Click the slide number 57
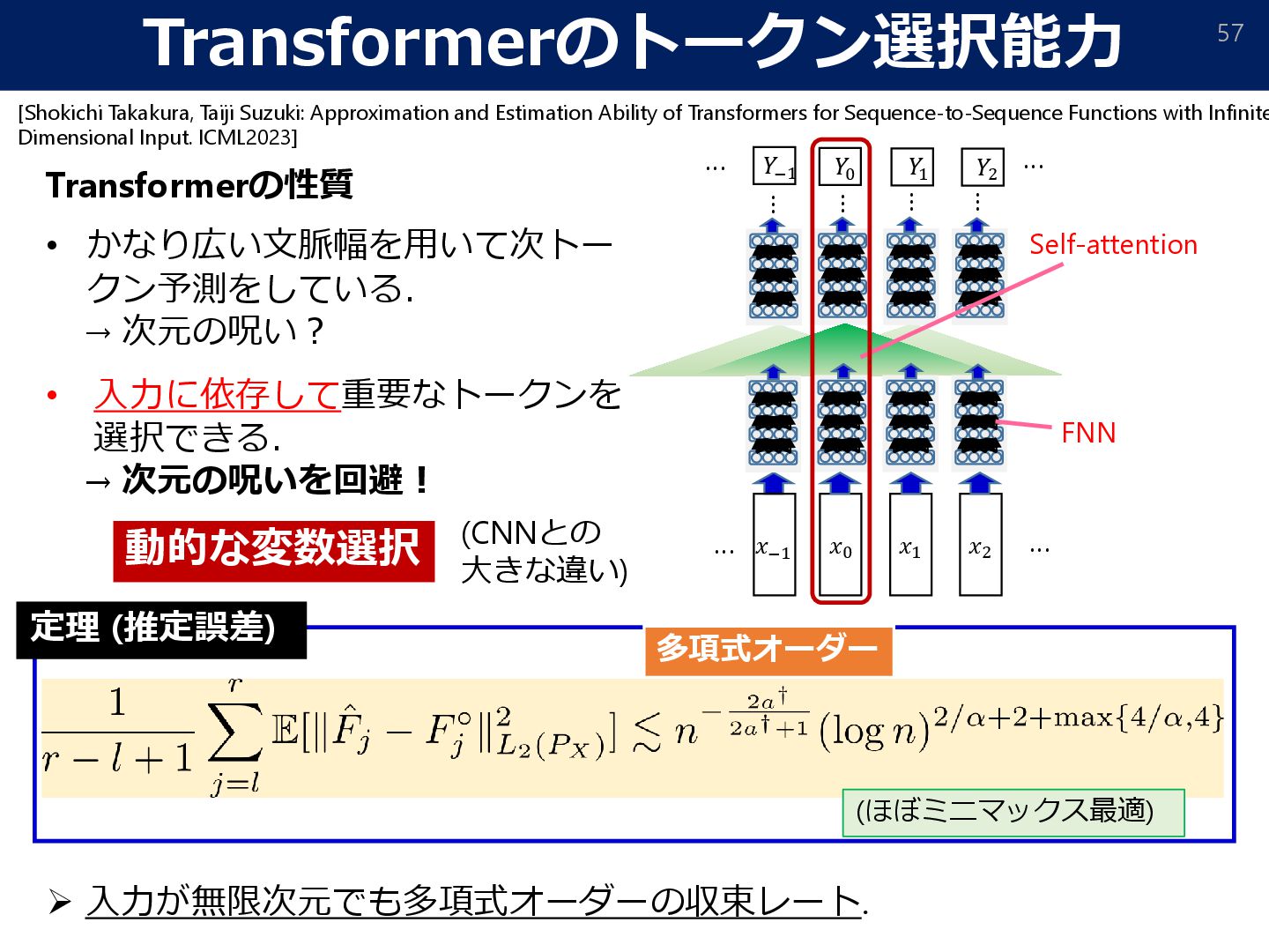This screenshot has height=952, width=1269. click(1229, 33)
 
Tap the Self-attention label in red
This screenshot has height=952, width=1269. click(1113, 245)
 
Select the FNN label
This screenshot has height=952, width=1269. click(1088, 433)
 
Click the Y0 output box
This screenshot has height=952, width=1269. click(842, 167)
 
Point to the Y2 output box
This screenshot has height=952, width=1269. click(984, 167)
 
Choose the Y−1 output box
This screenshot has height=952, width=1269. click(775, 167)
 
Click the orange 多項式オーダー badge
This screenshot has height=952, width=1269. click(768, 649)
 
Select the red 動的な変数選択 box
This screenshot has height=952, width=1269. click(273, 549)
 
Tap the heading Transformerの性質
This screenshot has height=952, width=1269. click(199, 185)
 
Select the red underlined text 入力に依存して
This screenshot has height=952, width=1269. click(217, 394)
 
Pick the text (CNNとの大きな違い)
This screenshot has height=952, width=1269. click(543, 551)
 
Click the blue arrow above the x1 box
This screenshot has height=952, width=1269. click(910, 483)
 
